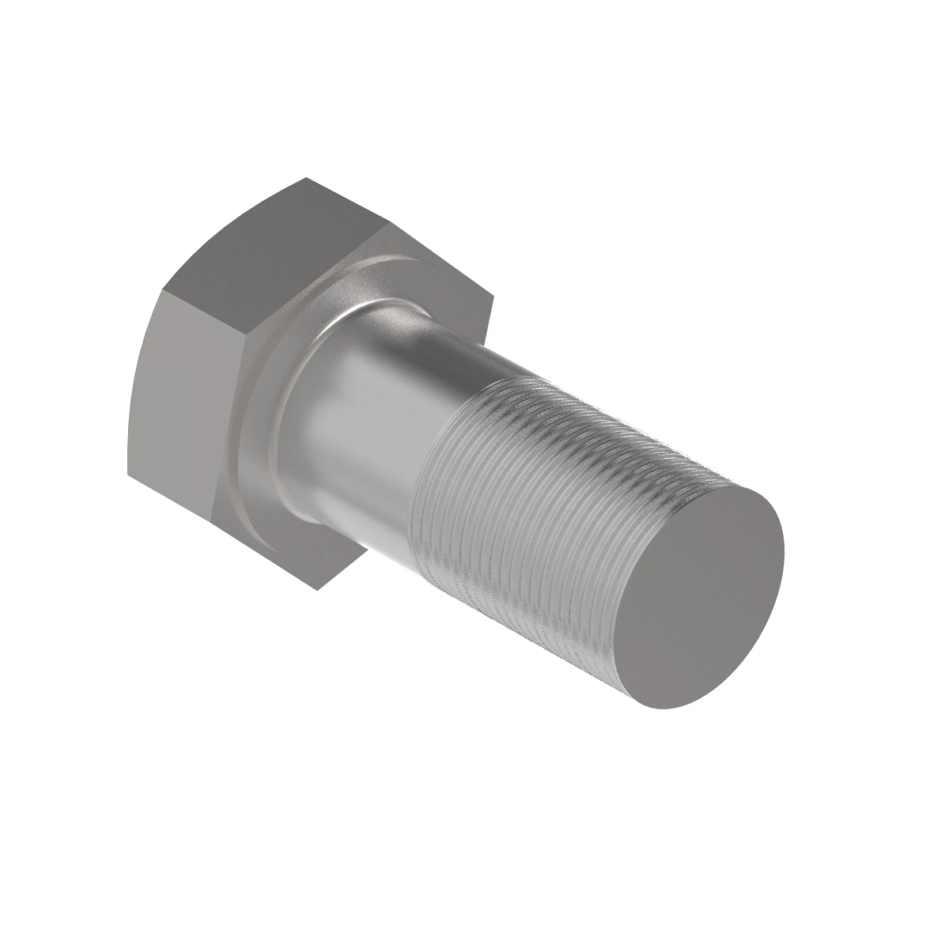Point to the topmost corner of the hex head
click(304, 179)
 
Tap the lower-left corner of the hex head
click(129, 476)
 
